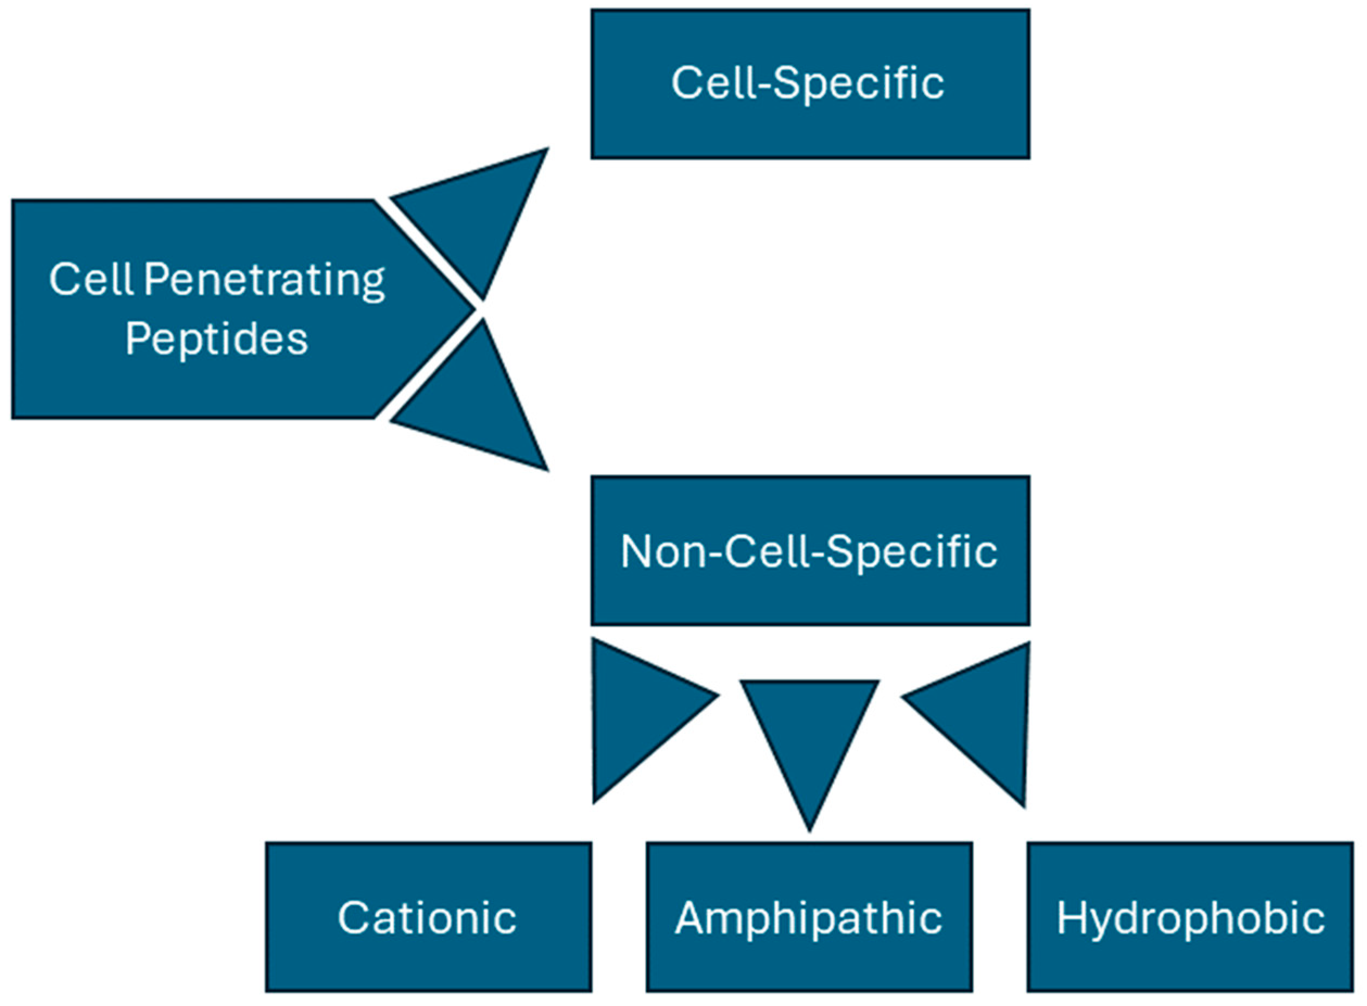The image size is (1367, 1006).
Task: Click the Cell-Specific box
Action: coord(809,84)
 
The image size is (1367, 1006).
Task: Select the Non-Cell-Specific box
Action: coord(809,551)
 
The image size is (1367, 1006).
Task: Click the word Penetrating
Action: coord(264,281)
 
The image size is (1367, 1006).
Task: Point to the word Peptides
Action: coord(216,339)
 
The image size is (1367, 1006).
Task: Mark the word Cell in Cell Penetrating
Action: coord(91,279)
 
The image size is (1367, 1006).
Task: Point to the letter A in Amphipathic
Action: coord(693,917)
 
